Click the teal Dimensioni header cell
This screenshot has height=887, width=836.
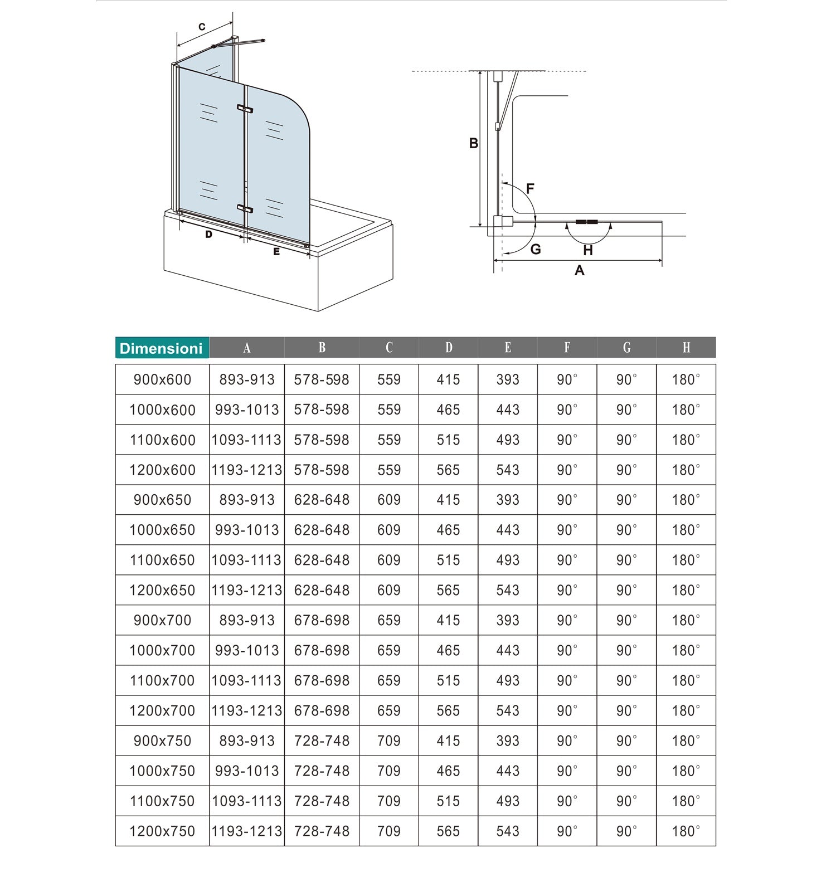pos(162,348)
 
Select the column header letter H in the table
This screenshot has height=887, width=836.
pos(686,348)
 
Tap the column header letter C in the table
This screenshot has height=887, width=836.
pos(389,348)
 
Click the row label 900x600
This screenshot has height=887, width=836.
pos(162,380)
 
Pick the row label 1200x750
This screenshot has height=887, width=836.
pos(162,831)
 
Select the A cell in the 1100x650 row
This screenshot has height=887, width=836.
pos(246,561)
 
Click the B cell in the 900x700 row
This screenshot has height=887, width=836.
pos(322,621)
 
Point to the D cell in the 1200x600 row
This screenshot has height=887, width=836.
pos(448,470)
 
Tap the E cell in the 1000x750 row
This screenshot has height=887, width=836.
pos(508,771)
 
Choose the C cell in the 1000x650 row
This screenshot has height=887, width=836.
pos(389,530)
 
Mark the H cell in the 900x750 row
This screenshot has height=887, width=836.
pos(686,741)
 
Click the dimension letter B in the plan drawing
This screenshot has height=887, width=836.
pos(474,143)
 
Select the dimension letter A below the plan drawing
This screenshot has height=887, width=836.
pos(580,270)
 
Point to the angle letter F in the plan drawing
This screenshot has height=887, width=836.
pos(530,188)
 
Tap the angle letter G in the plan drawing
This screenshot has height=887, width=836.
pos(536,249)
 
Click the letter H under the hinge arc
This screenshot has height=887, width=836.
pos(587,251)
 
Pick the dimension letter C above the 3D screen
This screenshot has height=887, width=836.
pos(202,27)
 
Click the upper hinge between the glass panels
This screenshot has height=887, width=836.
pos(245,109)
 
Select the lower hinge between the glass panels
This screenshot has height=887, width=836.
pos(245,209)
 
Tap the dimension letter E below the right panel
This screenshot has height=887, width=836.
pos(276,252)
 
